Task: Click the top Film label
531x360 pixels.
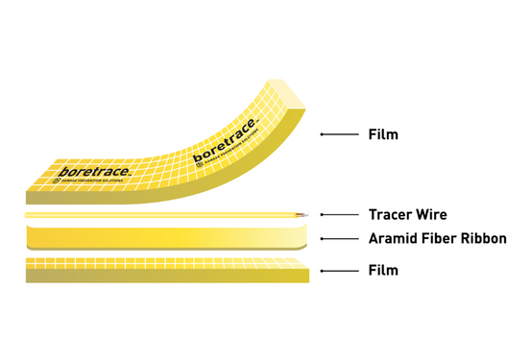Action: coord(383,134)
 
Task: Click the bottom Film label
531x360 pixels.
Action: coord(383,271)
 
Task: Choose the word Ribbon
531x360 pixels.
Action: coord(489,238)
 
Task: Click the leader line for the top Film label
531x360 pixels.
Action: coord(341,134)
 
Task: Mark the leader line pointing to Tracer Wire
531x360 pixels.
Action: coord(341,215)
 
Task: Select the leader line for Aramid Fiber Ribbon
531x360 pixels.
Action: coord(341,238)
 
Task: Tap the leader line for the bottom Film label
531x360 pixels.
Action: coord(341,271)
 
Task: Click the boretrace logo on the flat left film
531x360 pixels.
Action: coord(90,172)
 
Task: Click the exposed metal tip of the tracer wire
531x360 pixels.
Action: coord(304,215)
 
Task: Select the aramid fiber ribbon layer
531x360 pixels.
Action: coord(163,236)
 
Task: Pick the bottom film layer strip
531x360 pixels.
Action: coord(163,271)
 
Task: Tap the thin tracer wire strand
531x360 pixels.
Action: coord(163,215)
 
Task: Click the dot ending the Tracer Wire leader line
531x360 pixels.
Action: coord(322,215)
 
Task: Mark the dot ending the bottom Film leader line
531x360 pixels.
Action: coord(322,271)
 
